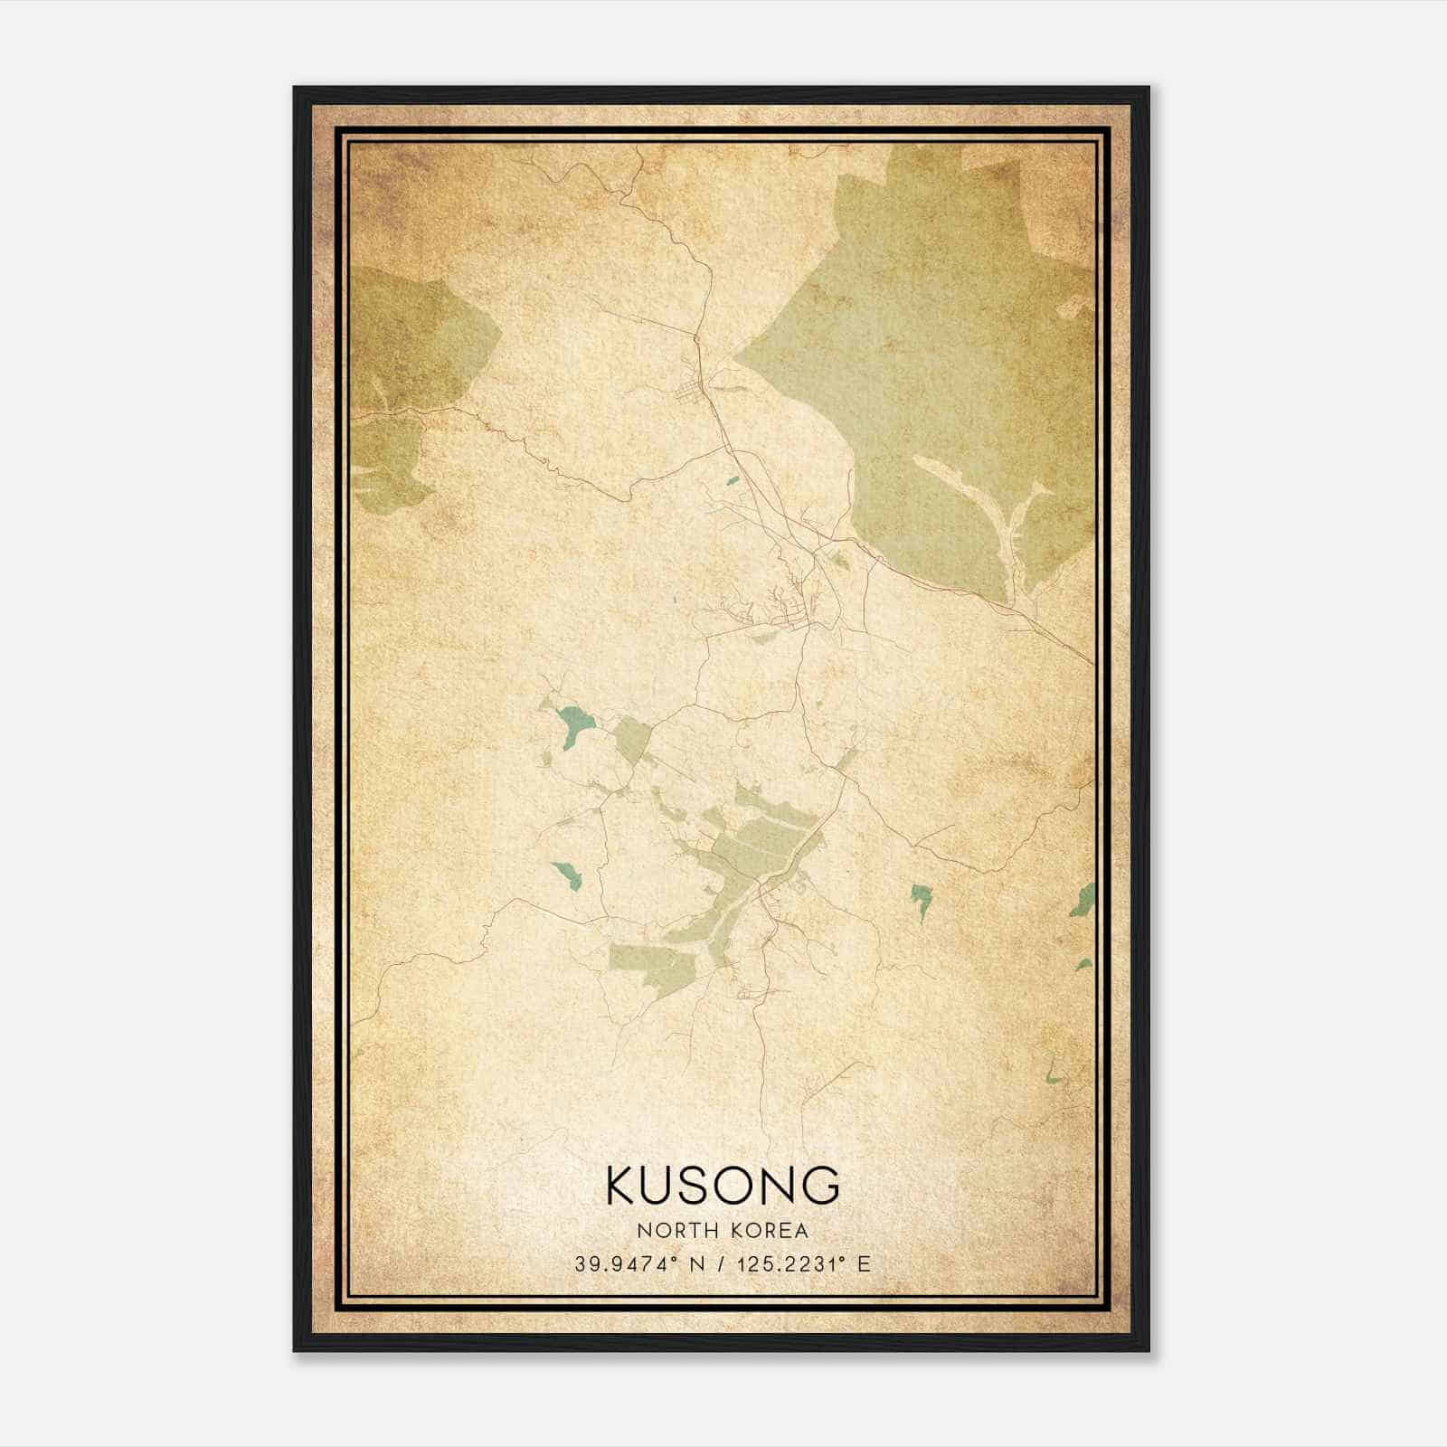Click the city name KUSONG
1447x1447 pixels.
click(723, 1185)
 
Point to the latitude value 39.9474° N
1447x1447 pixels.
click(638, 1264)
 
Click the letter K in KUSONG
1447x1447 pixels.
click(623, 1185)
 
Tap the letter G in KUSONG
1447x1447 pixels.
click(821, 1185)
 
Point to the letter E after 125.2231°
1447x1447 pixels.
click(865, 1264)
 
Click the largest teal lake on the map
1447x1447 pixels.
click(573, 724)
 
